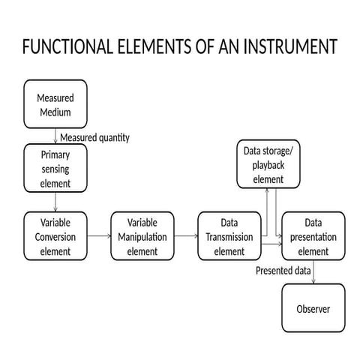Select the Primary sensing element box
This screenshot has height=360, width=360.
[x=55, y=168]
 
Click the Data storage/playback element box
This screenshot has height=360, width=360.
[x=268, y=164]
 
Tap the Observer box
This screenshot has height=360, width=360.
[x=313, y=308]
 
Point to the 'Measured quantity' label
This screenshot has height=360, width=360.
[x=94, y=137]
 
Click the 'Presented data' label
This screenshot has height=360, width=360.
[x=283, y=270]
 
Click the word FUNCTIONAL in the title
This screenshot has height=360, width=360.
[x=64, y=47]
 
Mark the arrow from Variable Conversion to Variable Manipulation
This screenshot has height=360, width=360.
[x=98, y=235]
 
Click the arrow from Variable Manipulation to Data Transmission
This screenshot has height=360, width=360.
[x=186, y=235]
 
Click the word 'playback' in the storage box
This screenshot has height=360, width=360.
[x=268, y=165]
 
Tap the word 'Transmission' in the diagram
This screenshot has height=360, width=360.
[x=229, y=237]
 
